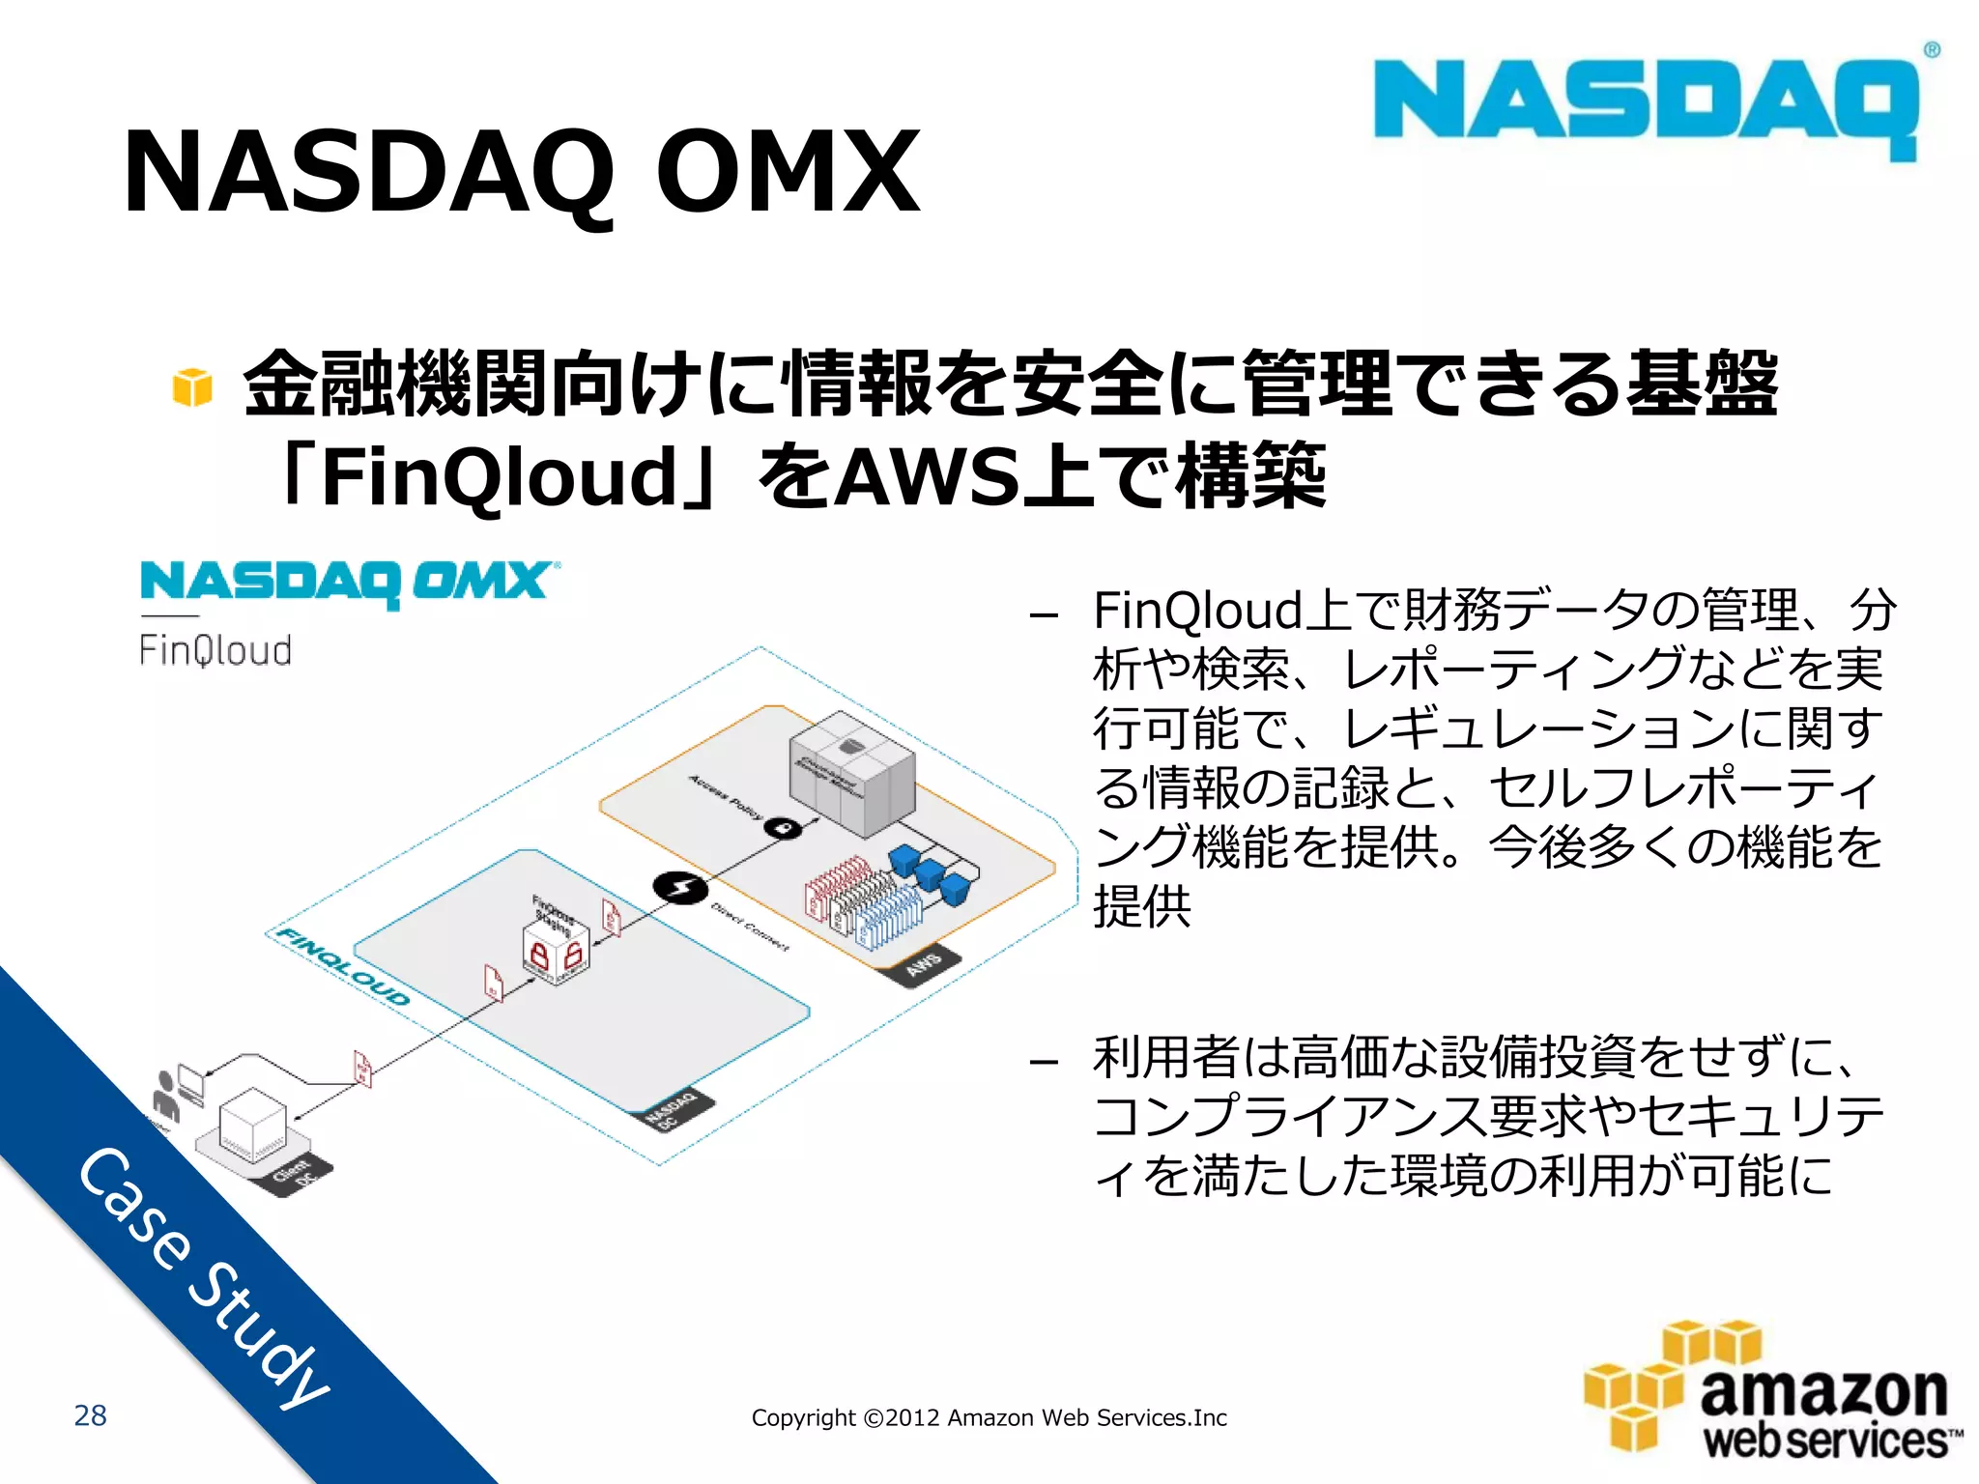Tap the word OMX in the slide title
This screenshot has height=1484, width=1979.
coord(788,174)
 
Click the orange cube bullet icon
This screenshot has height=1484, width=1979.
coord(192,387)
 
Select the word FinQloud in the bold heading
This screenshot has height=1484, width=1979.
coord(499,476)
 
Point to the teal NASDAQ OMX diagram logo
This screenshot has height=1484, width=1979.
coord(349,583)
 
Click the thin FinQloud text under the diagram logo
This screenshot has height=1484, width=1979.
coord(215,650)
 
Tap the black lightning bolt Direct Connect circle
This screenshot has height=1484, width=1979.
coord(680,887)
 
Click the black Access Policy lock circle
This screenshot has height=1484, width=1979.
coord(784,828)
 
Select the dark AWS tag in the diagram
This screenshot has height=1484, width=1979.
coord(926,963)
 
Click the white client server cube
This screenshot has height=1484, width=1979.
coord(252,1124)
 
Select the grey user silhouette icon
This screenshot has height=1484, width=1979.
coord(166,1096)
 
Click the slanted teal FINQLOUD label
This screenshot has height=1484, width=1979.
coord(343,966)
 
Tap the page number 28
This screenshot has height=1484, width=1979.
coord(91,1415)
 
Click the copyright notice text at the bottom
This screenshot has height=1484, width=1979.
coord(989,1417)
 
